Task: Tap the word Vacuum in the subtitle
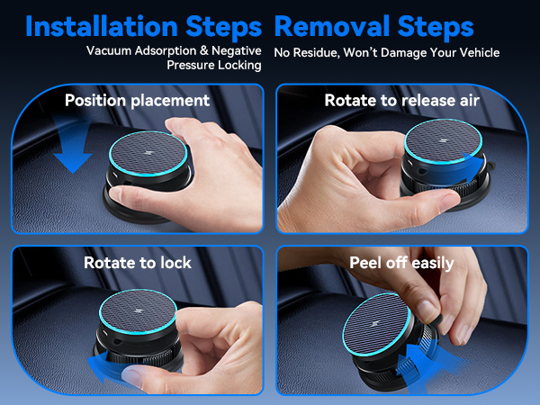point(112,51)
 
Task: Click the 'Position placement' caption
point(137,100)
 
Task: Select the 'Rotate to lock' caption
point(138,263)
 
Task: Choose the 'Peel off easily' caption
point(401,263)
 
